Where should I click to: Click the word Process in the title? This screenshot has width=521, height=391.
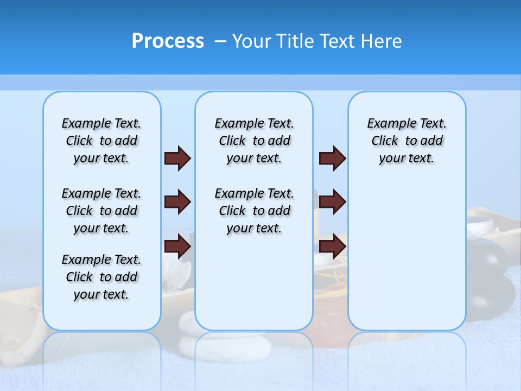click(x=168, y=41)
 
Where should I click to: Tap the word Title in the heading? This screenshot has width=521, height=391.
click(x=293, y=41)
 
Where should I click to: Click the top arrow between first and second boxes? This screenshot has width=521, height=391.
click(x=177, y=158)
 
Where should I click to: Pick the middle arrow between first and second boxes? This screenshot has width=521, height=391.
click(x=177, y=202)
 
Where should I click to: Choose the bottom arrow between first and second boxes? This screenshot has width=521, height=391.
click(x=177, y=247)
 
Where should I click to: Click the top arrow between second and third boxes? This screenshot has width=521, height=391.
click(x=332, y=158)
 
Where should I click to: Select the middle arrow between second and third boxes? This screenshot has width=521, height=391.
click(x=332, y=202)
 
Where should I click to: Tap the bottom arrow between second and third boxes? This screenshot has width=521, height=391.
click(x=332, y=247)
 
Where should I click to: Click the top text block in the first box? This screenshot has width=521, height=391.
click(x=101, y=141)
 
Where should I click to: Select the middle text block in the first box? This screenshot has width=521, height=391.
click(x=101, y=211)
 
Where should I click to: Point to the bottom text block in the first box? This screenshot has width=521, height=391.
click(x=101, y=277)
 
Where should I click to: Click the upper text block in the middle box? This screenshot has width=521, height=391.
click(x=254, y=141)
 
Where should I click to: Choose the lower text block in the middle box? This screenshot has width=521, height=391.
click(x=254, y=211)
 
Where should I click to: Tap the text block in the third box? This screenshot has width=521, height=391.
click(x=406, y=141)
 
